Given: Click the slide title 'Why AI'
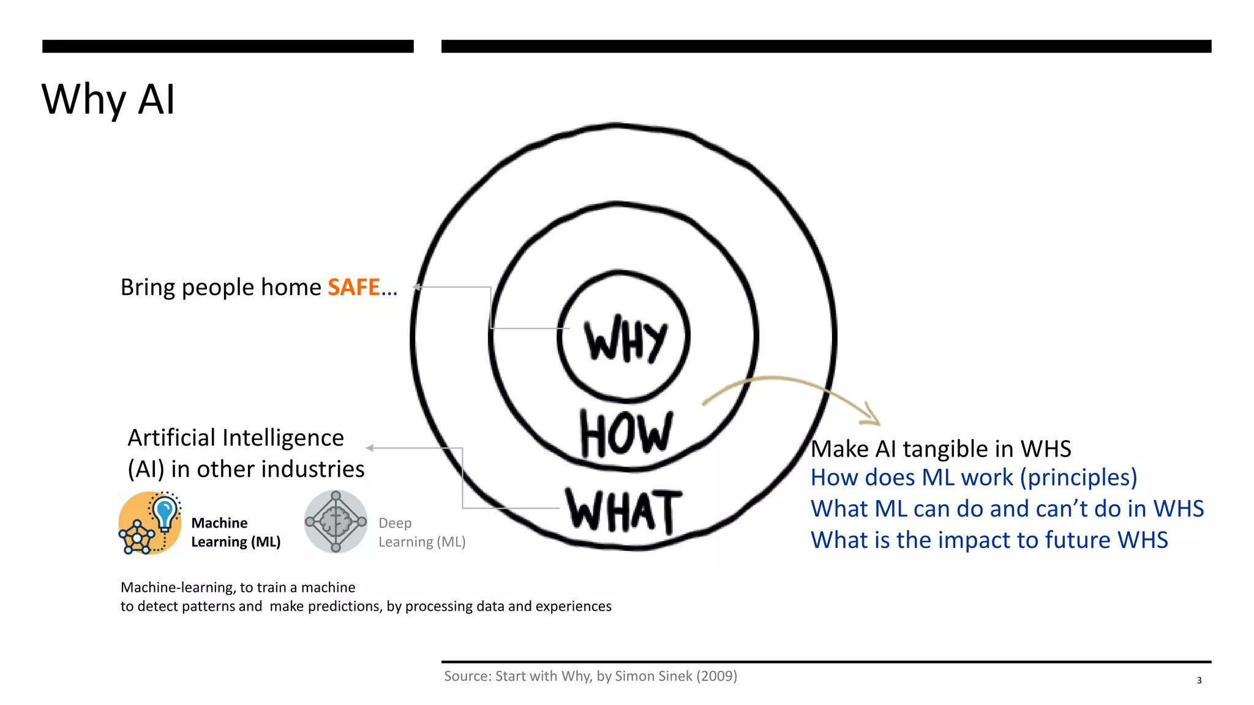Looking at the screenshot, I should click(108, 99).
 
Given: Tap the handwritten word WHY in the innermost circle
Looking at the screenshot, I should click(625, 340).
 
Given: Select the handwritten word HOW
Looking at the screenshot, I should click(626, 434).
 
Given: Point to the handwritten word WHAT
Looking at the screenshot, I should click(623, 510).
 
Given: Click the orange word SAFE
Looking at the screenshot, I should click(353, 287).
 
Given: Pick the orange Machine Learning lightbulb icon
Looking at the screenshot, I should click(150, 523).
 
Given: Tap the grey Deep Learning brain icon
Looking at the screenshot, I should click(336, 522).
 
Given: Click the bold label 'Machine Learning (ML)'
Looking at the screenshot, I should click(236, 532).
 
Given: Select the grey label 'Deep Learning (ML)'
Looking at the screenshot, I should click(422, 532).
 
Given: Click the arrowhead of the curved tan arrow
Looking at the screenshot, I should click(873, 416).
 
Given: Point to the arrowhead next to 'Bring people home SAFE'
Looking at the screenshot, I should click(417, 286).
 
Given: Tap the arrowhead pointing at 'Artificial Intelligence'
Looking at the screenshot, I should click(370, 448).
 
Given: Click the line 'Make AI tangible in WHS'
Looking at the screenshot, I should click(940, 449).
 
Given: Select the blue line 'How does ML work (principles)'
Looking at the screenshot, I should click(974, 477).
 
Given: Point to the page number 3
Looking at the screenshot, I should click(1199, 681).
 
